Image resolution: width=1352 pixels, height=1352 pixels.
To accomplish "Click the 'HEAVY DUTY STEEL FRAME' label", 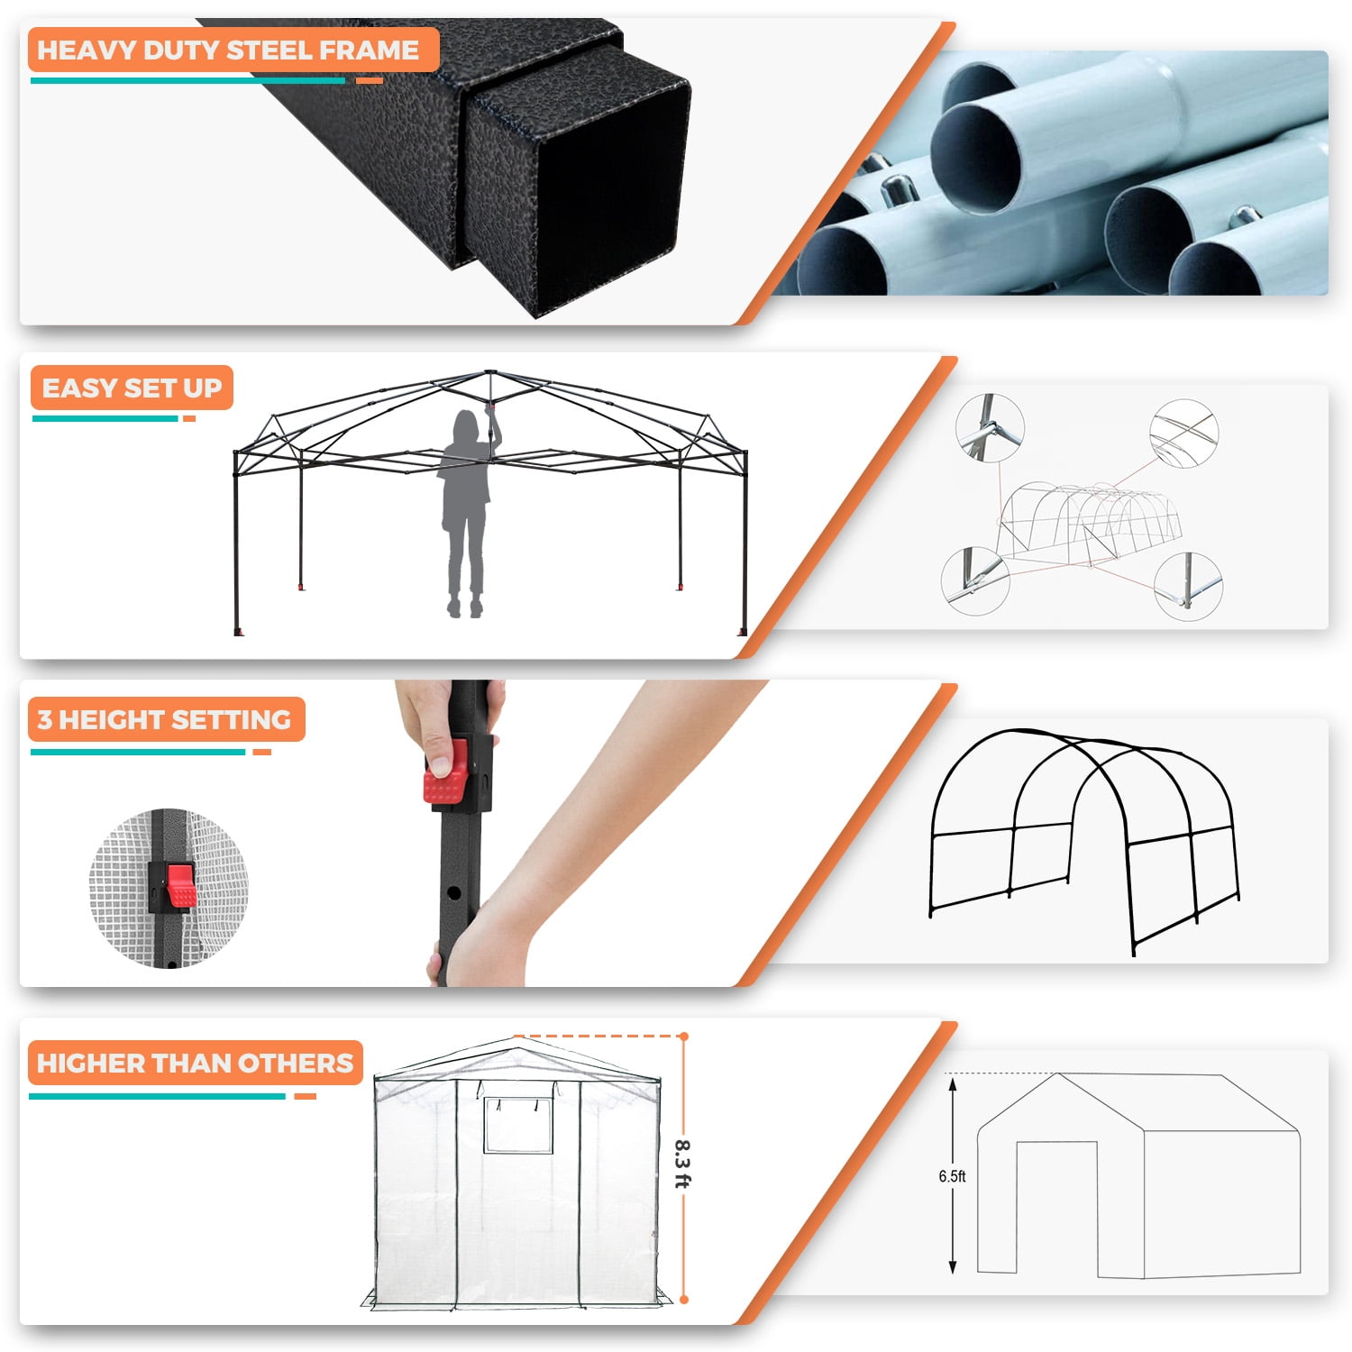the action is (x=228, y=50).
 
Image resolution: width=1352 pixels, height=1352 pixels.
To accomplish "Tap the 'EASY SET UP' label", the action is (x=132, y=388).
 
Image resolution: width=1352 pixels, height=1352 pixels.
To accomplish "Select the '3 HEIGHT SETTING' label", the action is (x=165, y=719).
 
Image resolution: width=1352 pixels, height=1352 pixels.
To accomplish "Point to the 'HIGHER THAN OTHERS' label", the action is (x=195, y=1063).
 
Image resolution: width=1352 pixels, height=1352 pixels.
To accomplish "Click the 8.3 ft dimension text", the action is (x=682, y=1164).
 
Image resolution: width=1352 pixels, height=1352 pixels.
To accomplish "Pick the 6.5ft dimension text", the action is (x=952, y=1176).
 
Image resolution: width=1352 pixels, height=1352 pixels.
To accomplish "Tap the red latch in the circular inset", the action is (x=180, y=885).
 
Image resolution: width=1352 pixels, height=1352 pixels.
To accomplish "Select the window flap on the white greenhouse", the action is (x=518, y=1125).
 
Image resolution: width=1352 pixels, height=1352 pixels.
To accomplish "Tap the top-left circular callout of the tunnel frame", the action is (x=990, y=428).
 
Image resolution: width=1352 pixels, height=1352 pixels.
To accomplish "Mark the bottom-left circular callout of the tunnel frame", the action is (x=976, y=580).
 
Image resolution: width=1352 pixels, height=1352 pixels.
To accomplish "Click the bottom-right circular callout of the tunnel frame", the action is (x=1188, y=585).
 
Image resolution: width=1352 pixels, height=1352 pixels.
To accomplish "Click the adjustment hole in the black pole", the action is (x=453, y=892).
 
